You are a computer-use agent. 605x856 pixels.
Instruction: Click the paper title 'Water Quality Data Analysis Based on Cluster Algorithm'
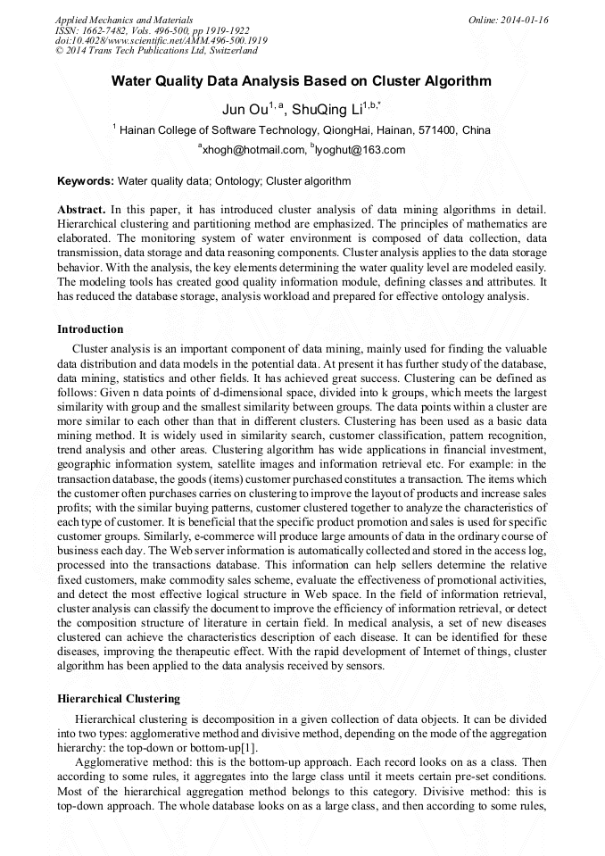301,81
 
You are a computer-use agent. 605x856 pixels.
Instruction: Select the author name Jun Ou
245,110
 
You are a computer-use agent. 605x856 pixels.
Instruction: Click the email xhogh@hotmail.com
254,150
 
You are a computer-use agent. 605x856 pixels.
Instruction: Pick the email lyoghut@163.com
361,150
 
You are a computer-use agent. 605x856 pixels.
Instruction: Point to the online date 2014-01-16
528,19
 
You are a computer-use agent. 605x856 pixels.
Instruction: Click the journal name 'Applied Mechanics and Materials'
123,19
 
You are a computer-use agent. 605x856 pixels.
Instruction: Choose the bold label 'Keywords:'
86,181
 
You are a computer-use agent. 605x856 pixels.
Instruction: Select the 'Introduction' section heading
90,329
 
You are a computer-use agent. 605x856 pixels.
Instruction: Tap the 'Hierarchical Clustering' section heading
119,698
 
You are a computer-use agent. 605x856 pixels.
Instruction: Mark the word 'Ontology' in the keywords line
238,181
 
